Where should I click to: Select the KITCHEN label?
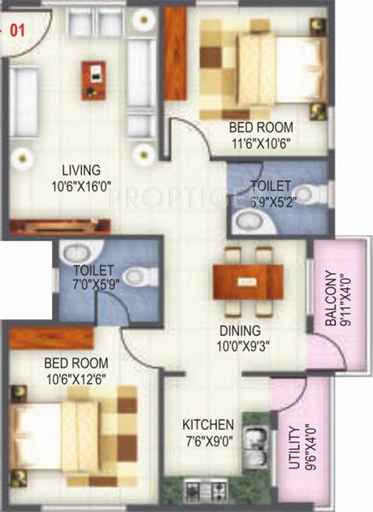pos(208,424)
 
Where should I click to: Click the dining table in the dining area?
pos(248,279)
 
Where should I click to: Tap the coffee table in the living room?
pos(95,78)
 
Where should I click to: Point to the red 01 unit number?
pos(16,31)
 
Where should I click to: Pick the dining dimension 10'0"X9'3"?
pos(239,346)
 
